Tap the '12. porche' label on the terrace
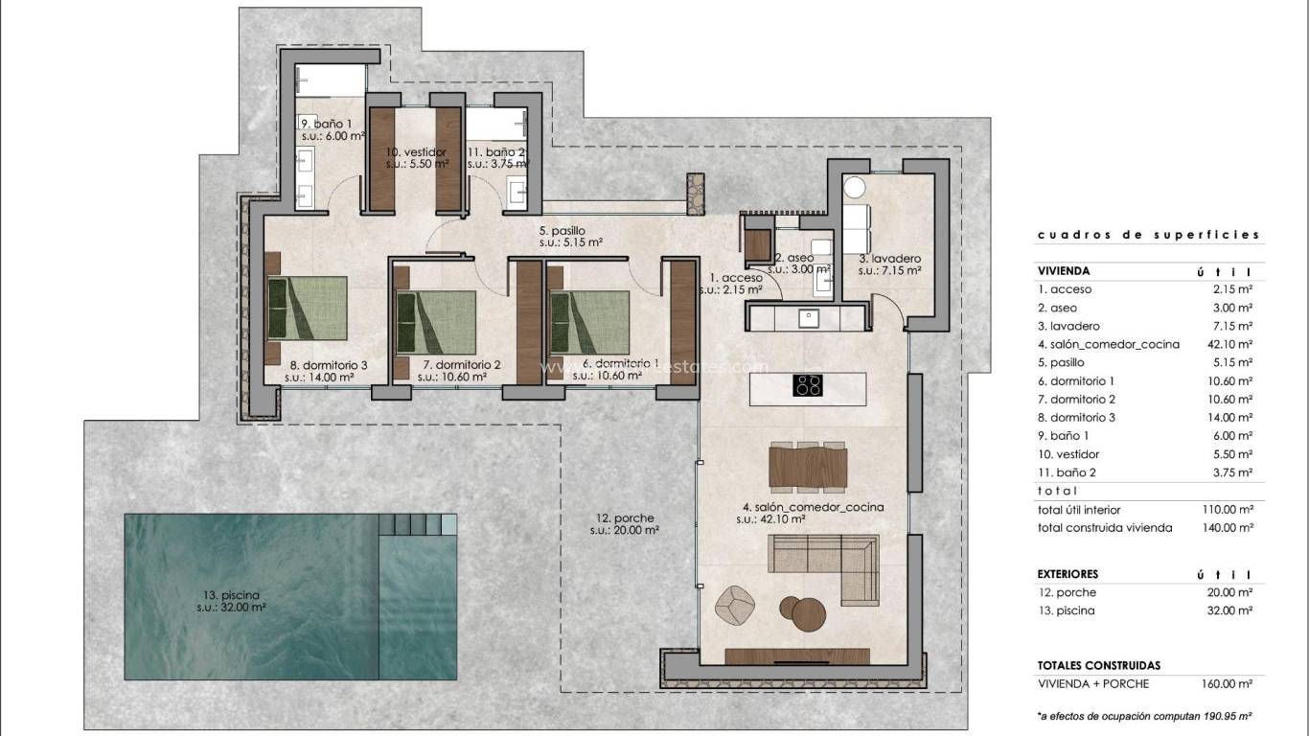point(622,518)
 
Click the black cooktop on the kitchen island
point(808,385)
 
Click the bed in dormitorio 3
point(307,308)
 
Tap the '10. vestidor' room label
point(416,152)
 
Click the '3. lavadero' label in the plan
point(889,259)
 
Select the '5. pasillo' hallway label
point(562,231)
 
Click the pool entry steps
point(417,525)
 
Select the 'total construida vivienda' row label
point(1104,528)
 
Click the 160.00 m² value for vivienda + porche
point(1230,684)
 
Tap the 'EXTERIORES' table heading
point(1068,574)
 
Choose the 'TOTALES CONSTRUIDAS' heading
point(1098,665)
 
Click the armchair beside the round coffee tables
point(735,602)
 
